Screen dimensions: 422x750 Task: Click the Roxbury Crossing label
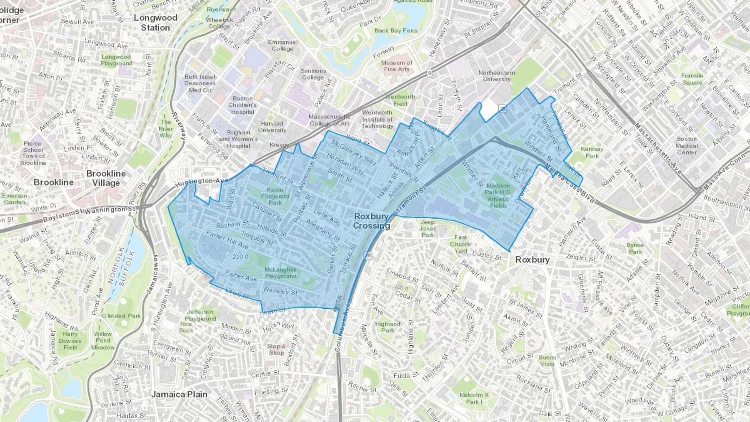pos(371,221)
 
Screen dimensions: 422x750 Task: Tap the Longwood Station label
pos(155,23)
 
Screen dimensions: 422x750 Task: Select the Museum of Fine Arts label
pos(397,66)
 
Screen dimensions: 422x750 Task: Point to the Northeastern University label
pos(496,76)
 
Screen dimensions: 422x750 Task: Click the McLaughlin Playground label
pos(280,273)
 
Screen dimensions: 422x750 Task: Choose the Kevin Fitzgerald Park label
pos(275,196)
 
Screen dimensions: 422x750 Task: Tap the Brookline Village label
pos(106,178)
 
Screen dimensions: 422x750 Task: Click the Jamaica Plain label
pos(179,394)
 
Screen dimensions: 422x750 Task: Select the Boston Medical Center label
pos(687,145)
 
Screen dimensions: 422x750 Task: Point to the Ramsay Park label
pos(592,152)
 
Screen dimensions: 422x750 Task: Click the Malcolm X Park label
pos(474,398)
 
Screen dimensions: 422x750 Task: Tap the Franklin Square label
pos(692,79)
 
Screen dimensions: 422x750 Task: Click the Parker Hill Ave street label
pos(227,240)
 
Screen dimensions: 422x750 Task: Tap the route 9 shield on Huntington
pos(429,73)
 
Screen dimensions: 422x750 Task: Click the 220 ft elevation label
pos(240,257)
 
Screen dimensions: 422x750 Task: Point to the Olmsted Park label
pos(121,316)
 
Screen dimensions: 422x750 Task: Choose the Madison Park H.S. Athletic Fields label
pos(498,195)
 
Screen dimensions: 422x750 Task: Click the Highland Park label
pos(387,327)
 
